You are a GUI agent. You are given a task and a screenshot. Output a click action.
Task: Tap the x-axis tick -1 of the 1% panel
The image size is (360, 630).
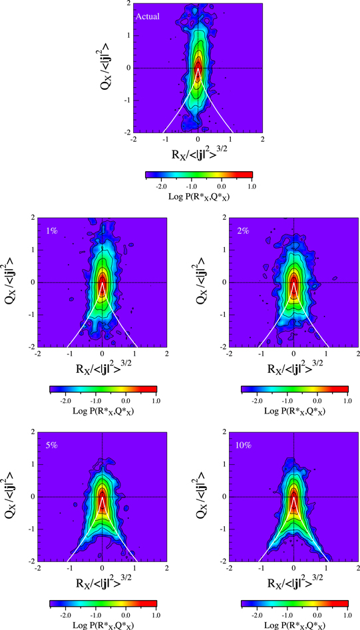(x=69, y=354)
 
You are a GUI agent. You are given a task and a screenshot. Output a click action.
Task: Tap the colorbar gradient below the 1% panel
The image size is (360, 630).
(x=102, y=389)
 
